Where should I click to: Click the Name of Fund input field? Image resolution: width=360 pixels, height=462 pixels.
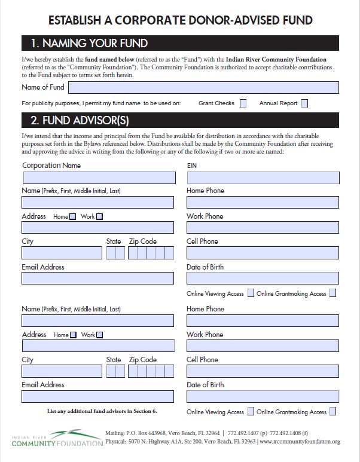coord(203,87)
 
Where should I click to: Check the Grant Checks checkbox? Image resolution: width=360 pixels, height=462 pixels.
coord(243,103)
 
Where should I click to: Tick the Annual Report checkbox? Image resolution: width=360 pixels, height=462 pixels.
coord(304,103)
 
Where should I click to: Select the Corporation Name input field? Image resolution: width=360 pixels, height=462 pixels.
coord(99,178)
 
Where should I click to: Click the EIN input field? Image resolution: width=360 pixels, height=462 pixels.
coord(263,178)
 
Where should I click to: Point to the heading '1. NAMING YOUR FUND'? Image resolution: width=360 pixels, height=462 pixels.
coord(89,43)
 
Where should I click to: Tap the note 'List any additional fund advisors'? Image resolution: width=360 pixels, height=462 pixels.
coord(102,411)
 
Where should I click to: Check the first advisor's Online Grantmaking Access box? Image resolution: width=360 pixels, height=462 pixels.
coord(332,293)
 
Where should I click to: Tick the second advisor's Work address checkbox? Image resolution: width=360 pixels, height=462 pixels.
coord(99,335)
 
